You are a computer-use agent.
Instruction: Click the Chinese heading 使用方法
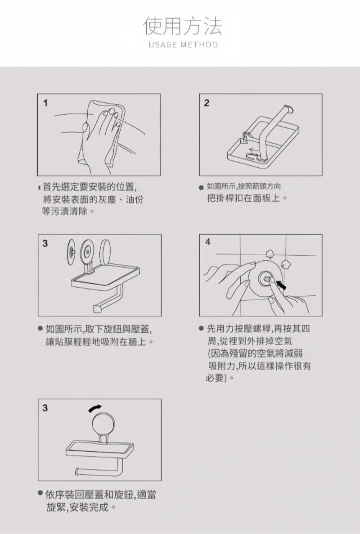point(182,26)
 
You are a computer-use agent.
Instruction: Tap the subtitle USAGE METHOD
point(183,45)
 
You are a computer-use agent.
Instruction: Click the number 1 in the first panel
point(45,103)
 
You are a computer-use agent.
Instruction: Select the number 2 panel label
point(207,103)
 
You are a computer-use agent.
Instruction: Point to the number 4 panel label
point(207,242)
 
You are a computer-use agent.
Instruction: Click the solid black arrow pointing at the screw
point(280,285)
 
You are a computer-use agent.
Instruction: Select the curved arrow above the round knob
point(95,408)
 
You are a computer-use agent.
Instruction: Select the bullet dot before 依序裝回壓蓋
point(40,493)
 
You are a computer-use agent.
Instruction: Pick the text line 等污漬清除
point(68,212)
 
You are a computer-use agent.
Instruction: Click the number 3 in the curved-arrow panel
point(45,408)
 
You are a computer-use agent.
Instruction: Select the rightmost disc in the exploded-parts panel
point(105,252)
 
